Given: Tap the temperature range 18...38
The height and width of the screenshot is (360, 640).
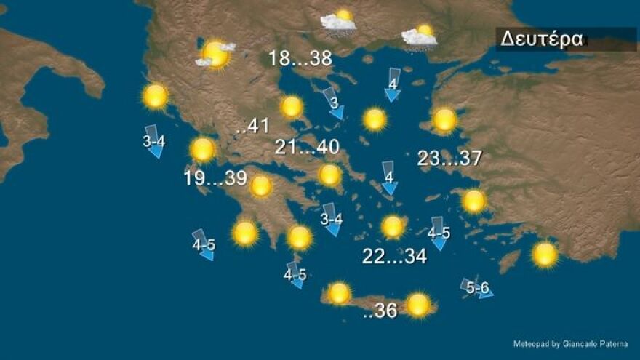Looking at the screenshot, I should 300,58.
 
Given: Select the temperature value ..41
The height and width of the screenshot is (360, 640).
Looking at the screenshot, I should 252,126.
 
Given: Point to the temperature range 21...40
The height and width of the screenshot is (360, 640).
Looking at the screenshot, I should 307,148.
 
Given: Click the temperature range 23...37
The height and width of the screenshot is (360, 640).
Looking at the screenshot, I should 449,159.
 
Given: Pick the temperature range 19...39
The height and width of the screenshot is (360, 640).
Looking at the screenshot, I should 215,178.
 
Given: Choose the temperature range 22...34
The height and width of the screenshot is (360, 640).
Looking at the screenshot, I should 394,256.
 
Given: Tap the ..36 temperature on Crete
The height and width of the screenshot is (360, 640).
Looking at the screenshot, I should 379,311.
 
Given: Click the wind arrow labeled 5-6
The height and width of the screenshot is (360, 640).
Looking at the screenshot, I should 477,288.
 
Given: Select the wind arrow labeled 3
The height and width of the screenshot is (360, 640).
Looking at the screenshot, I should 333,103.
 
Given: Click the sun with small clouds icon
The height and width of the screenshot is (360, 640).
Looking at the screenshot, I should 215,54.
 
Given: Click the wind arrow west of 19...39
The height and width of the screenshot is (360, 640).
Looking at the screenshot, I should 154,142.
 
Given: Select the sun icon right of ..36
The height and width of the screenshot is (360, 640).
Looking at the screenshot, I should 418,305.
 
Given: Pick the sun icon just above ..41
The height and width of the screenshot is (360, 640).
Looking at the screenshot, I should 292,107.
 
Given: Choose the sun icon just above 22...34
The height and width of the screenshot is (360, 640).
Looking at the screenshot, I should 393,227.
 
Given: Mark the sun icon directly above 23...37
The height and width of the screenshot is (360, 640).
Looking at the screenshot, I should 444,119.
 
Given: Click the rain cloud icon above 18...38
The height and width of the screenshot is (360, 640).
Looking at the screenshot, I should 339,23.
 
